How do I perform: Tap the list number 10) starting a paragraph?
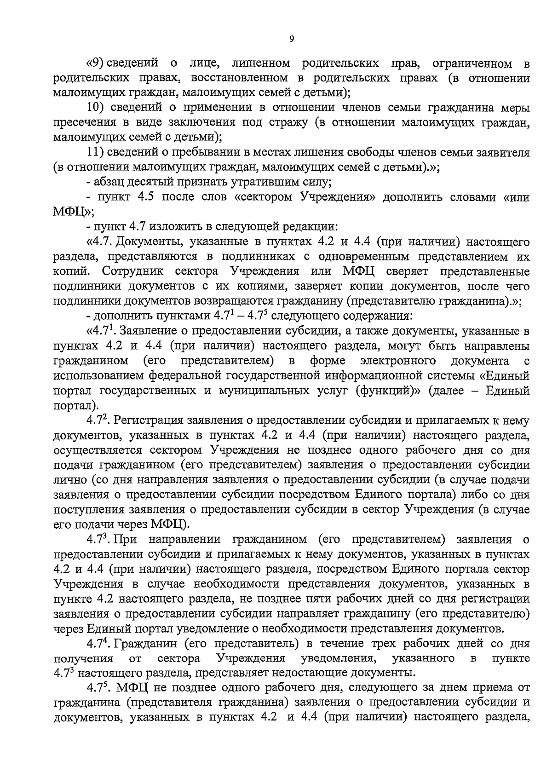[97, 108]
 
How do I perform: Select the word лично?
[70, 480]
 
